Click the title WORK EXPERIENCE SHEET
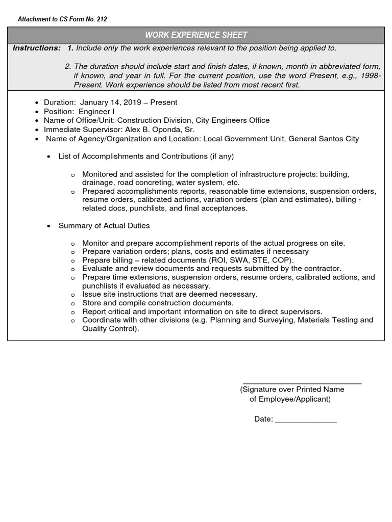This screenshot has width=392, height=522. [196, 35]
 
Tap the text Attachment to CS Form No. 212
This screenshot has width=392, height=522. [62, 19]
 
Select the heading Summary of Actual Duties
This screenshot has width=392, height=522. [104, 225]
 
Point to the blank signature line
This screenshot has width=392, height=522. [302, 382]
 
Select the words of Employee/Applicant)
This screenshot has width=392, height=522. [290, 399]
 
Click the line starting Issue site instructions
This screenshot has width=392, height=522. [169, 294]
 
